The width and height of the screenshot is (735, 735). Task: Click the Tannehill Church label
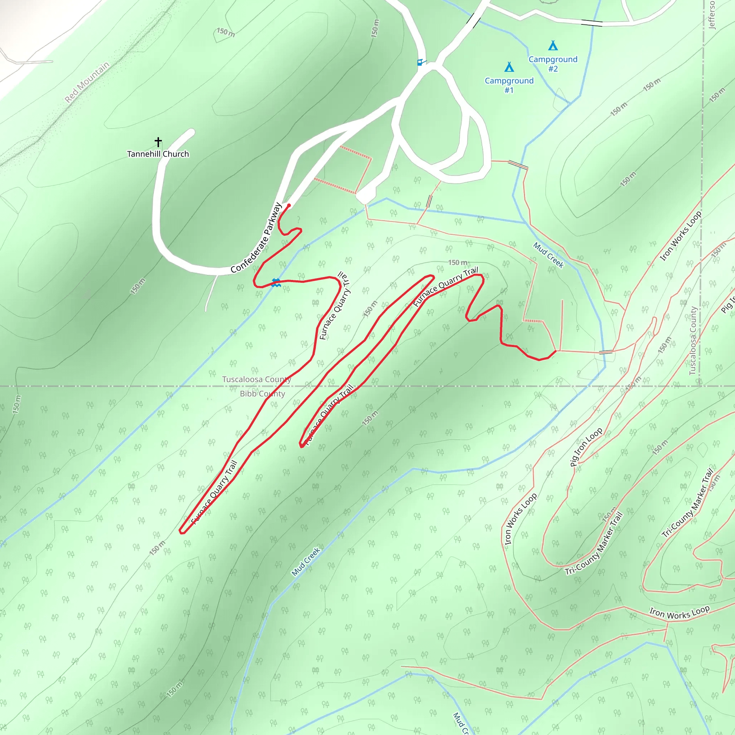[x=158, y=154]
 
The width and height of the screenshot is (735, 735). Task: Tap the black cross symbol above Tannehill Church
[x=158, y=142]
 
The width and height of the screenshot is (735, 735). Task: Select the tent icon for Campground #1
[x=509, y=67]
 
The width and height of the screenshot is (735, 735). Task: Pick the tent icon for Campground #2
[x=553, y=46]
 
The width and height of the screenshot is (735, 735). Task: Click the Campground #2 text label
[x=553, y=64]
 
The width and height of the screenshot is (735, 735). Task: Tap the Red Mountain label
[x=87, y=82]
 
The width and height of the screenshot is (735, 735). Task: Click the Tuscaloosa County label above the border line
[x=256, y=379]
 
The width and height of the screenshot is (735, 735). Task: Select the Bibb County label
[x=262, y=394]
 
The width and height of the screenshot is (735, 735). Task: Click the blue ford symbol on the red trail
[x=276, y=283]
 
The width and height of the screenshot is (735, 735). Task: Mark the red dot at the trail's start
[x=289, y=205]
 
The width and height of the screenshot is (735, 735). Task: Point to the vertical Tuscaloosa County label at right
[x=693, y=341]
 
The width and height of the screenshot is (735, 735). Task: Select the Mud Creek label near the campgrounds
[x=548, y=255]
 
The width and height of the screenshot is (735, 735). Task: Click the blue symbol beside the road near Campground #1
[x=420, y=62]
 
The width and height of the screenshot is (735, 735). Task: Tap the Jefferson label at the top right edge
[x=711, y=14]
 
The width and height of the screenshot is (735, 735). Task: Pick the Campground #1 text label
[x=509, y=85]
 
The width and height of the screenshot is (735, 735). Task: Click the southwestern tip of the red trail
[x=181, y=532]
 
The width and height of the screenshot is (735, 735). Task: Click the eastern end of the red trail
[x=556, y=351]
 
